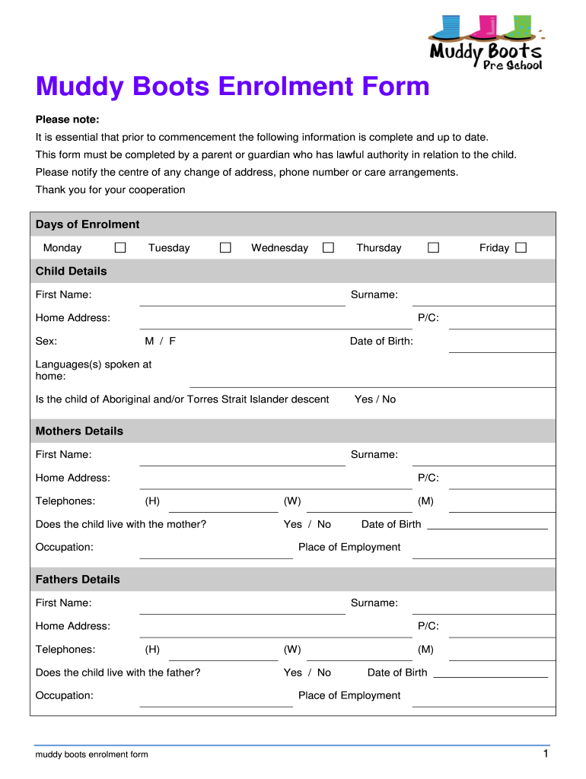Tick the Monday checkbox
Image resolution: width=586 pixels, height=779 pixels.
coord(120,247)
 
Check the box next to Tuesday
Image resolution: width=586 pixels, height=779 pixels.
coord(225,247)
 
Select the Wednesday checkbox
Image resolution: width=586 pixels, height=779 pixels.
coord(328,247)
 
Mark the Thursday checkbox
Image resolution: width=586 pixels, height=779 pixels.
coord(433,247)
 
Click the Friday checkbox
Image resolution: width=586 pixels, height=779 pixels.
coord(521,247)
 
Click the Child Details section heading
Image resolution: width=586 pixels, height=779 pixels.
coord(72,271)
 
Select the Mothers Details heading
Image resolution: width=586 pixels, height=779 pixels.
coord(79,431)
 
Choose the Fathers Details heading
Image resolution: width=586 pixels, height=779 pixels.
coord(78,579)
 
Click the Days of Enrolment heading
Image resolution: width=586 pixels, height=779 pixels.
coord(88,224)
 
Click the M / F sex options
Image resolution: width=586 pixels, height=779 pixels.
coord(161,341)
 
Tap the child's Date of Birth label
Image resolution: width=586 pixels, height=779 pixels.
coord(381,341)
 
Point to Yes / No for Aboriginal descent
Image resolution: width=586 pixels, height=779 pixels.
coord(375,399)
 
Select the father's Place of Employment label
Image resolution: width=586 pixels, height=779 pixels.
coord(349,695)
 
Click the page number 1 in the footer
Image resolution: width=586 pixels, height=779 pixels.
coord(546,753)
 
